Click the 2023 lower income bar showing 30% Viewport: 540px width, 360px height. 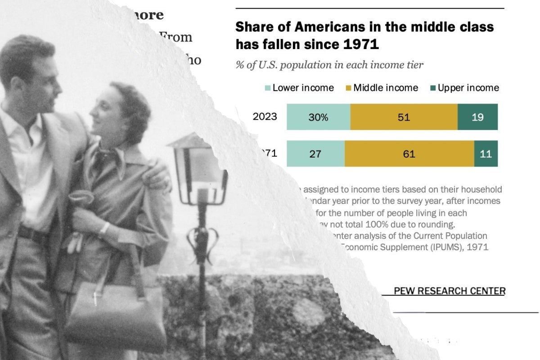point(318,117)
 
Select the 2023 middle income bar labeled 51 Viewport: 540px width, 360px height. point(404,117)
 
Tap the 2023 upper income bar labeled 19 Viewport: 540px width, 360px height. point(477,117)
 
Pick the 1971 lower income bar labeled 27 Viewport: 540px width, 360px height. point(315,154)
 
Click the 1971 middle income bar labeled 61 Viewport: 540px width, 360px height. point(409,154)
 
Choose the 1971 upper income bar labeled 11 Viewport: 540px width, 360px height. point(486,154)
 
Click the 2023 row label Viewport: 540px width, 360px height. point(265,117)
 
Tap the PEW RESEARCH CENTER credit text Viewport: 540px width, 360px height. point(449,291)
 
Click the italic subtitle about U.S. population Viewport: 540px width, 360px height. point(329,65)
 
